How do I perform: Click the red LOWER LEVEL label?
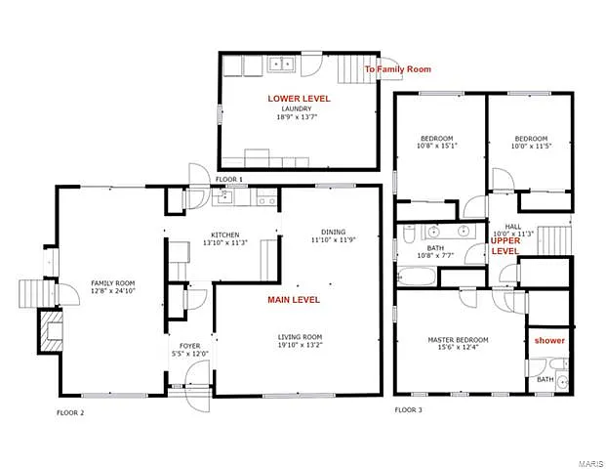pos(299,99)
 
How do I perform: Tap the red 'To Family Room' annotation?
pos(397,69)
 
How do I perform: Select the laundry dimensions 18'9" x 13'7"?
pos(299,117)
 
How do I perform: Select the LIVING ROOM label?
pos(300,337)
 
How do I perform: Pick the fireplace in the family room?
pos(49,332)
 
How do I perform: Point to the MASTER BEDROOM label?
pos(458,340)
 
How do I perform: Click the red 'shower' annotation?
pos(549,340)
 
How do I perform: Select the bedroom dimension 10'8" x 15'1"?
pos(438,146)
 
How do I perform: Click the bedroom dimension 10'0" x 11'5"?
pos(530,146)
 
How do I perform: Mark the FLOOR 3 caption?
pos(408,409)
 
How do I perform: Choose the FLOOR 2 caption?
pos(70,413)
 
